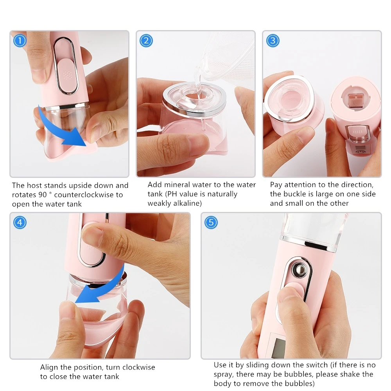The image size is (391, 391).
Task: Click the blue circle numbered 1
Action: [x=20, y=41]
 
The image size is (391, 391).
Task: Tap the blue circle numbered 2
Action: [x=146, y=41]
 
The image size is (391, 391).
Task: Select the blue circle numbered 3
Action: [x=273, y=41]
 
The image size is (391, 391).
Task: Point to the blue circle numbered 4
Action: [x=20, y=222]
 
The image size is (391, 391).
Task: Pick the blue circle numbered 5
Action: [x=211, y=222]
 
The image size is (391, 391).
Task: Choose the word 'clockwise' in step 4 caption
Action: [x=138, y=368]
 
